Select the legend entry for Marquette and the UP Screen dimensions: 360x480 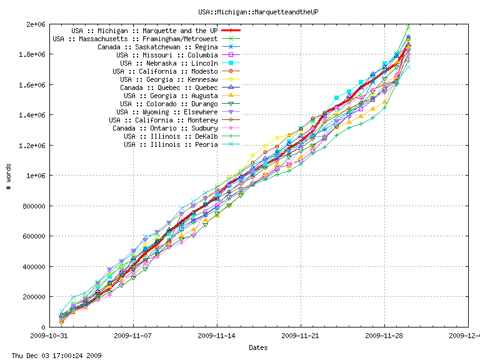(x=144, y=30)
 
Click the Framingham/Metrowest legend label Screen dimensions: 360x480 (x=135, y=38)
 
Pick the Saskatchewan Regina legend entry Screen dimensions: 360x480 (x=157, y=47)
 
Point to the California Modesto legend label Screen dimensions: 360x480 (x=165, y=71)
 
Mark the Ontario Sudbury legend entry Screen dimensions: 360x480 (x=165, y=128)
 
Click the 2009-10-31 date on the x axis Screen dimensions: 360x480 (x=49, y=336)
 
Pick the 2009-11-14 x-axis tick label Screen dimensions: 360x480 (x=217, y=336)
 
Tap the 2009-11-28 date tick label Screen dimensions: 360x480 (x=384, y=336)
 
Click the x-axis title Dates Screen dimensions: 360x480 (x=258, y=347)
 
